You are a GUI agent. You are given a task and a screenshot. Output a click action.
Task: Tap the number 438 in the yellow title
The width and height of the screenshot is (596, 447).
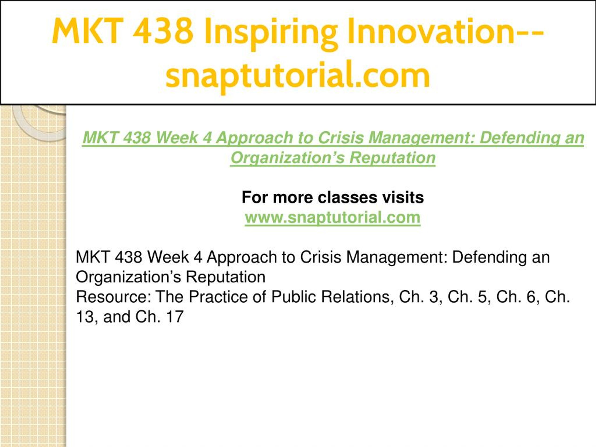tap(163, 31)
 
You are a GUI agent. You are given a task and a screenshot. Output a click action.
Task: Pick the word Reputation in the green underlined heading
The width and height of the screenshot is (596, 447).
tap(392, 158)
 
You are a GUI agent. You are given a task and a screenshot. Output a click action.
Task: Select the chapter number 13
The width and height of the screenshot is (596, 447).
tap(84, 317)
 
